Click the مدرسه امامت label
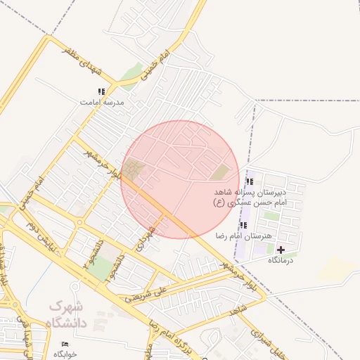click(x=102, y=103)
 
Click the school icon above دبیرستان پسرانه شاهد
click(x=250, y=181)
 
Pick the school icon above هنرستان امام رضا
click(x=243, y=225)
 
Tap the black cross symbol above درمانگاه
click(x=281, y=250)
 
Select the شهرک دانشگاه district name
click(x=66, y=315)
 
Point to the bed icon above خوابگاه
click(x=65, y=344)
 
